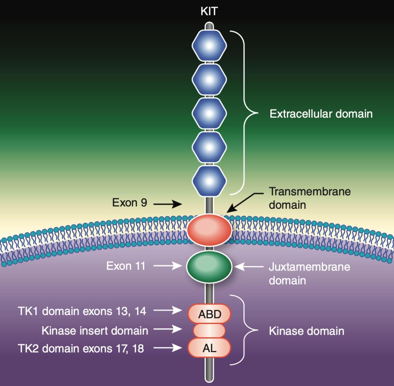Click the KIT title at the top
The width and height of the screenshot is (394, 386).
[209, 11]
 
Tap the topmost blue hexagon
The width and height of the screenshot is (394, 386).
[209, 46]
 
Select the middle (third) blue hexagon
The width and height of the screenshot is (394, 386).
[209, 114]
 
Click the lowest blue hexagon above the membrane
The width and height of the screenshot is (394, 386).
[209, 182]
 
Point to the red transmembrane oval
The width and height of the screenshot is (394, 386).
[209, 229]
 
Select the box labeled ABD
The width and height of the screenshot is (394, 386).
[209, 314]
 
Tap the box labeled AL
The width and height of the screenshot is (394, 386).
[209, 348]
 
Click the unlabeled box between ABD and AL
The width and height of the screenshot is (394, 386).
[209, 331]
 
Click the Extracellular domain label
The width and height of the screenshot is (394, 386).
[321, 114]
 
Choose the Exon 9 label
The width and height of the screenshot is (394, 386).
[130, 203]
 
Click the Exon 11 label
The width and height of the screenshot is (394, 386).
[126, 266]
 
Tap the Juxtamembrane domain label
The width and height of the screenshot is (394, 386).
[309, 273]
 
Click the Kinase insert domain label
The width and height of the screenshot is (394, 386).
[95, 331]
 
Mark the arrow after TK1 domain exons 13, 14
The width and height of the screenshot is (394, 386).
[167, 311]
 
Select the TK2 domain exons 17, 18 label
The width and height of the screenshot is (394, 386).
[81, 348]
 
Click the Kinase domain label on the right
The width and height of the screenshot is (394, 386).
[306, 331]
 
